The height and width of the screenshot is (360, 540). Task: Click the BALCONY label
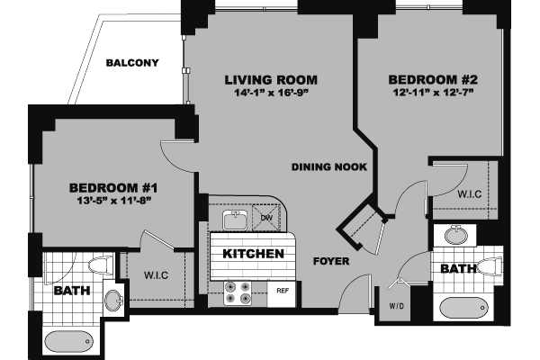[x=132, y=63]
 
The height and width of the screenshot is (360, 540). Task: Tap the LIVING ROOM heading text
[x=270, y=80]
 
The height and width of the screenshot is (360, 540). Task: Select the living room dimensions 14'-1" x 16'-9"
[x=270, y=93]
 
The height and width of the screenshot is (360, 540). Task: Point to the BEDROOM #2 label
[x=431, y=77]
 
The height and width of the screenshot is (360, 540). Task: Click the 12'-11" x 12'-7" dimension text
[x=431, y=91]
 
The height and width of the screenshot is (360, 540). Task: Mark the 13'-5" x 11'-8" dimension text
[x=113, y=201]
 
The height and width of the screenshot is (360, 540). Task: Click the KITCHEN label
[x=254, y=254]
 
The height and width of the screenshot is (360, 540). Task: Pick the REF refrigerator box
[x=282, y=290]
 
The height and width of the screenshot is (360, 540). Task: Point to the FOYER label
[x=330, y=262]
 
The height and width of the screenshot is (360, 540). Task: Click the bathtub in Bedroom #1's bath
[x=68, y=342]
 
